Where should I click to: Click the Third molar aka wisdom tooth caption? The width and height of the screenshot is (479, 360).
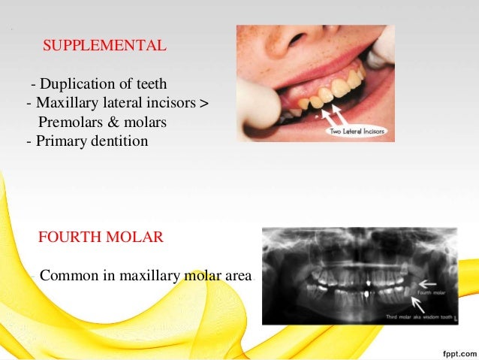pyautogui.click(x=398, y=315)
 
